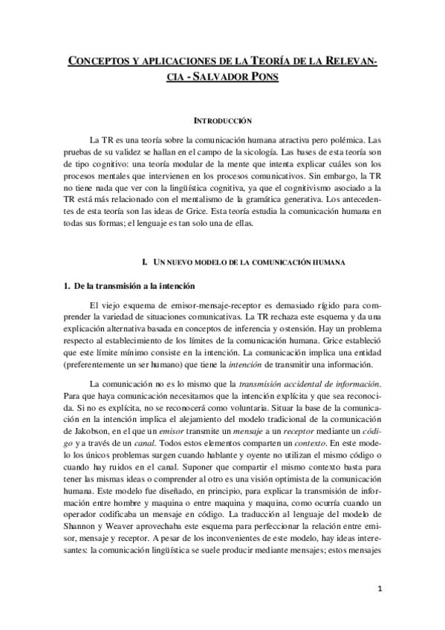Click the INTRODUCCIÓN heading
click(x=222, y=120)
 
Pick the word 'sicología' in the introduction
click(x=261, y=153)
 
